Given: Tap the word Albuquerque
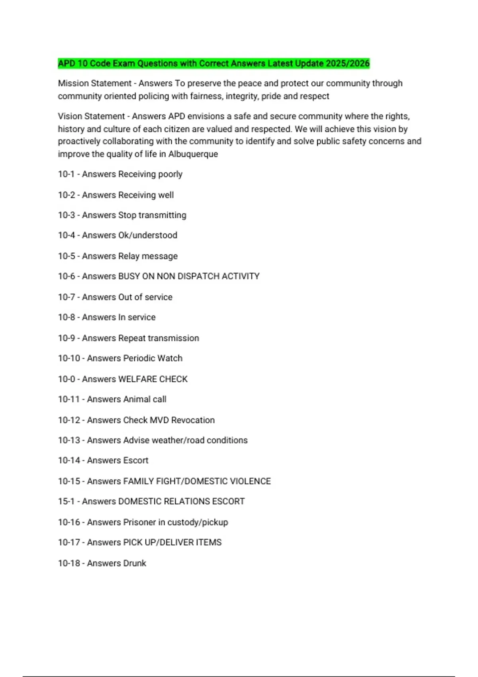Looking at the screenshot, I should coord(193,154).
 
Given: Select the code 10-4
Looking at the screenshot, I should coord(66,235).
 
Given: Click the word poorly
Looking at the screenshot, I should coord(170,174).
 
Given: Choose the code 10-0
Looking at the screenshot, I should coord(66,379).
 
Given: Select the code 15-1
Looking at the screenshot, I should coord(66,501).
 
